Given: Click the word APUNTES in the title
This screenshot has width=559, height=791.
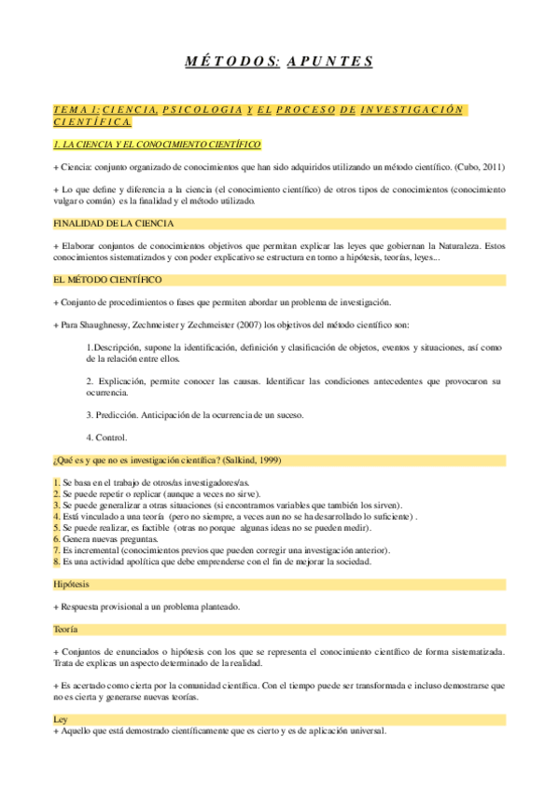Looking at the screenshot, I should (x=330, y=62).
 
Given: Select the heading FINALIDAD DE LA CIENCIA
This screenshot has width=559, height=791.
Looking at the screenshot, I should (x=114, y=224).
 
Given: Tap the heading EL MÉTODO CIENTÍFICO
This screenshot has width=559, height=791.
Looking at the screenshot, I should (x=107, y=280).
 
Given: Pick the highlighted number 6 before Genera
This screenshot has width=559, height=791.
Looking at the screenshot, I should (x=56, y=539).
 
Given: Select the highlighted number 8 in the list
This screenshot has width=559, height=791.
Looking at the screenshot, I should (x=56, y=562).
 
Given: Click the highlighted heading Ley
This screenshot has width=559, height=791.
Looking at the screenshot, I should (x=60, y=719).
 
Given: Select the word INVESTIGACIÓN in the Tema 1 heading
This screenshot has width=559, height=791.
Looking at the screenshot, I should (x=412, y=109).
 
